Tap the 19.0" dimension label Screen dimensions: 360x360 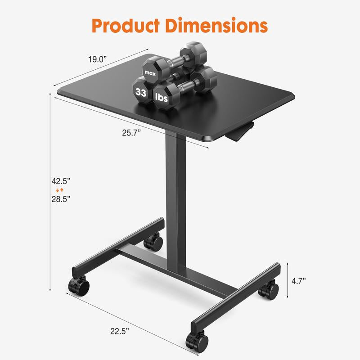coord(97,59)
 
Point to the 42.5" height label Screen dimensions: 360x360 coord(61,181)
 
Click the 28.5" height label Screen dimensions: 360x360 coord(61,198)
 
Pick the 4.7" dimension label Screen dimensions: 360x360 coord(298,281)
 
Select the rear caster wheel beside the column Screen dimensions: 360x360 coord(153,242)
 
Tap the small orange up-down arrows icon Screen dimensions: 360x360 coord(61,190)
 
